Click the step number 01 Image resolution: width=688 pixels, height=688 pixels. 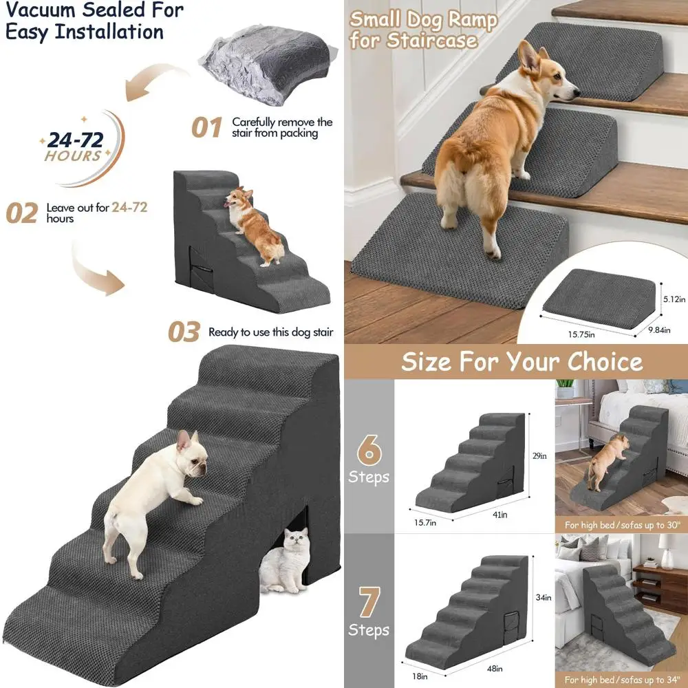[206, 127]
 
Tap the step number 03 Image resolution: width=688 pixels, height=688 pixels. [184, 332]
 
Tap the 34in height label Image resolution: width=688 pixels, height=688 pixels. [544, 597]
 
